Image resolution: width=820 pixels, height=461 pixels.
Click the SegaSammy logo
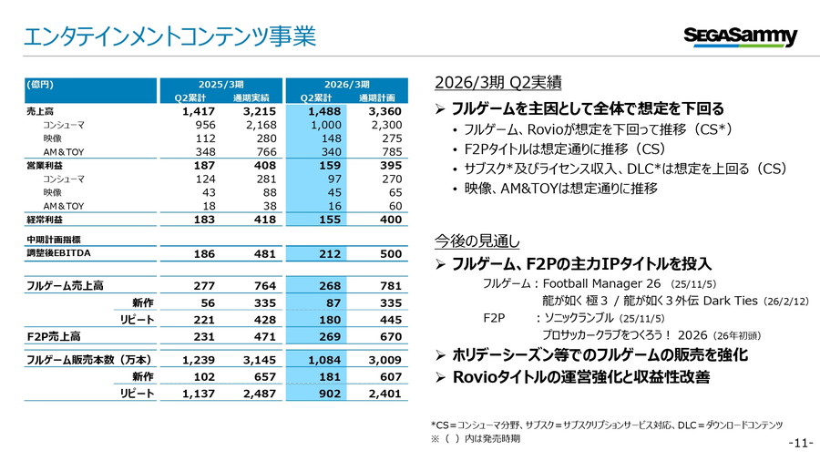pyautogui.click(x=740, y=36)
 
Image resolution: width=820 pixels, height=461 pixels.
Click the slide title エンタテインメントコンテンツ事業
pyautogui.click(x=169, y=36)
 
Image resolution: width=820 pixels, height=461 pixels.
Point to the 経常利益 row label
pyautogui.click(x=45, y=220)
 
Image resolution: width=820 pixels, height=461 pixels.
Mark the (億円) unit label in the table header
pyautogui.click(x=40, y=83)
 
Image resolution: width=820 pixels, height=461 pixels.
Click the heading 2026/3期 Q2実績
pyautogui.click(x=497, y=83)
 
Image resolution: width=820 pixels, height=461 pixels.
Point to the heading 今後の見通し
pyautogui.click(x=477, y=241)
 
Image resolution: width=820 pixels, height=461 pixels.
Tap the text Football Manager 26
pyautogui.click(x=602, y=283)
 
